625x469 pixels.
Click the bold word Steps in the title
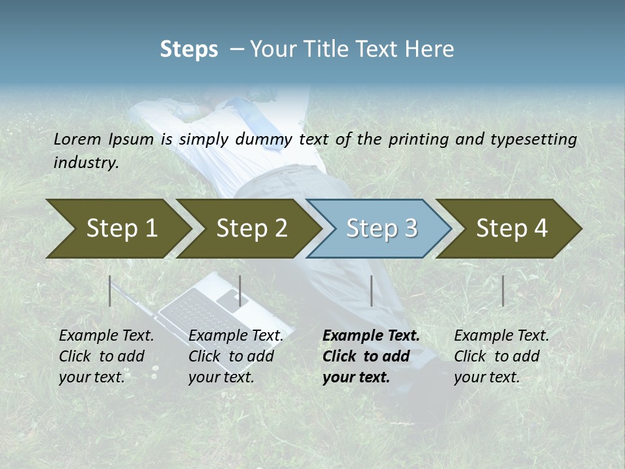pos(189,50)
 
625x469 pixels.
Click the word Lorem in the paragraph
pos(77,139)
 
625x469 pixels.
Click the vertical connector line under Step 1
pos(110,291)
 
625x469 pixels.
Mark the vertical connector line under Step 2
pos(240,291)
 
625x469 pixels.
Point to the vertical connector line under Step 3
pos(371,291)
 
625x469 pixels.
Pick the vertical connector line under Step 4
pos(503,291)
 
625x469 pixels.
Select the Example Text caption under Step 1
pos(106,356)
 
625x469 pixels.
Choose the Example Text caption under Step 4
pos(501,356)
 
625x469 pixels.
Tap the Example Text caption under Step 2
pos(236,356)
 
